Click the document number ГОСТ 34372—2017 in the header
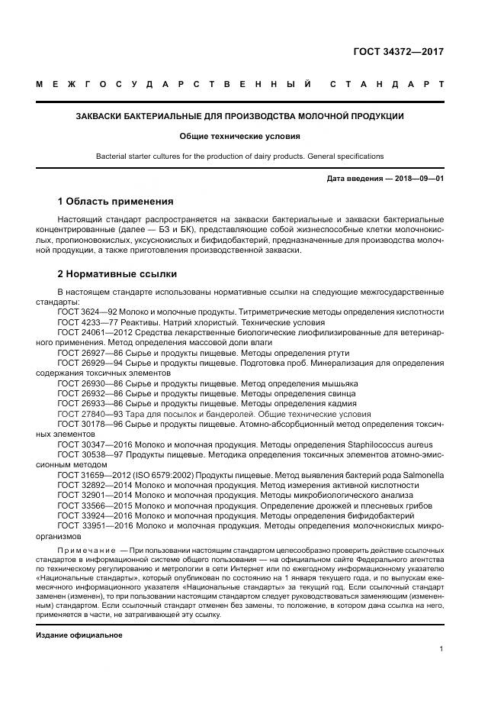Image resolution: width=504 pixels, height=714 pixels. (398, 52)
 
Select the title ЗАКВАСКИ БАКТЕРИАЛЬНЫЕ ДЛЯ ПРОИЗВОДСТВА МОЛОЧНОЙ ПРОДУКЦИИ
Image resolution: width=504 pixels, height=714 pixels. (239, 116)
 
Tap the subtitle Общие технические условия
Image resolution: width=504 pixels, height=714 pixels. (239, 137)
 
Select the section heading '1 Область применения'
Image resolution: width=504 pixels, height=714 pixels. (115, 202)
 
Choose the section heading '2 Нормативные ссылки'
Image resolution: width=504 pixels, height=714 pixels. (117, 273)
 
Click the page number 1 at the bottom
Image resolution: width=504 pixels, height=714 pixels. (441, 649)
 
